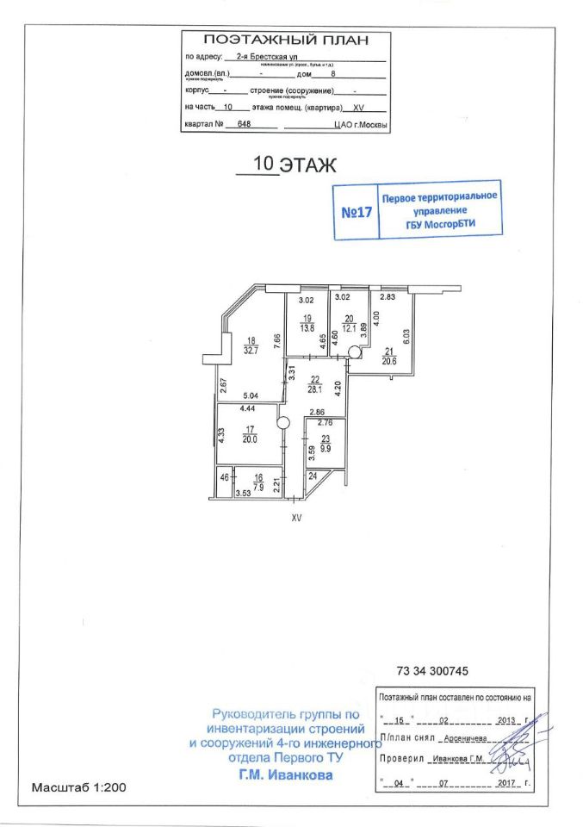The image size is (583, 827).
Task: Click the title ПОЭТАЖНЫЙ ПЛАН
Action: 285,40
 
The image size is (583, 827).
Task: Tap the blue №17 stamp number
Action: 357,212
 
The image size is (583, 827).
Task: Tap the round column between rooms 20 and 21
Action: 354,351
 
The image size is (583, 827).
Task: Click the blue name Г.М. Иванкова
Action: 284,774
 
